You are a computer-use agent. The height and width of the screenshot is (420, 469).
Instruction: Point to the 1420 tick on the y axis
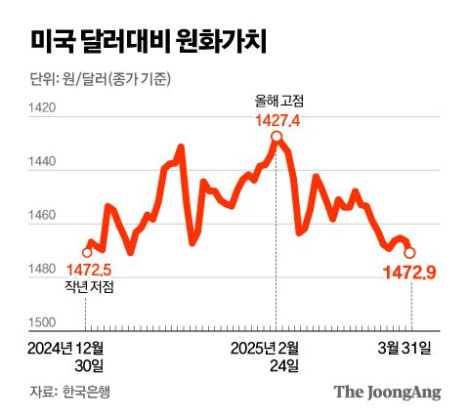(44, 110)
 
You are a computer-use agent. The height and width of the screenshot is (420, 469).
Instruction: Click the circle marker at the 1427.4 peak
(277, 138)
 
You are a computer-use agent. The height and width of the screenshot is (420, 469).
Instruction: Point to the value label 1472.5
(89, 270)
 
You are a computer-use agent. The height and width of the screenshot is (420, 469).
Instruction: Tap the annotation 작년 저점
(89, 287)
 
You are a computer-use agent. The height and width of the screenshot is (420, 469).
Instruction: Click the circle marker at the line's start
(87, 252)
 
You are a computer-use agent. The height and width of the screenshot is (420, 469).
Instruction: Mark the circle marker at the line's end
(409, 252)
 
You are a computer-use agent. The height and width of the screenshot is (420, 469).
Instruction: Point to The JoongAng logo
(387, 393)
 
